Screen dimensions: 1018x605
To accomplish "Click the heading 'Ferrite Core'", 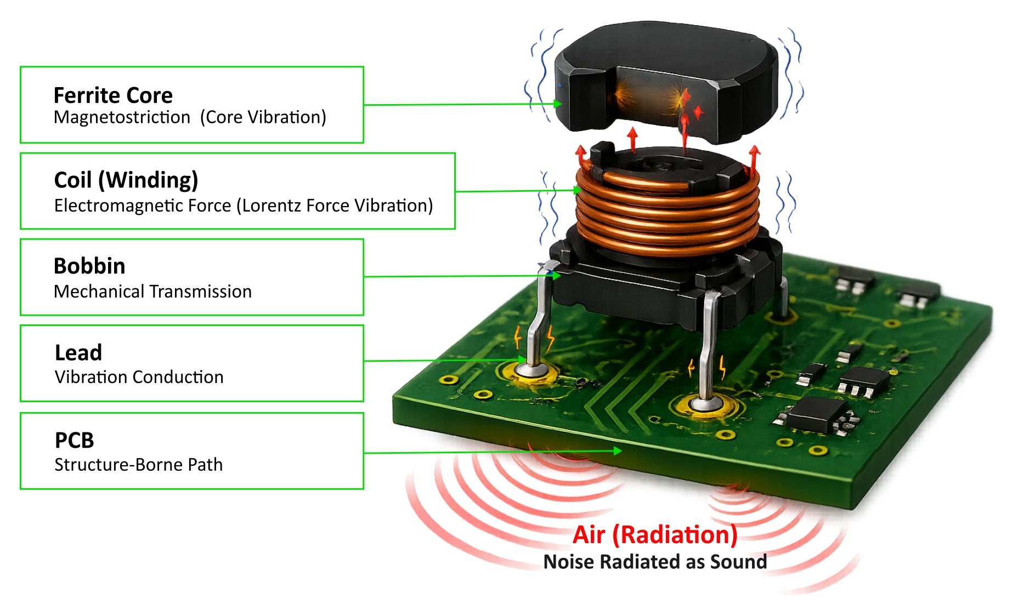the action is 113,96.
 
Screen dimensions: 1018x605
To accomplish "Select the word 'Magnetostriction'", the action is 122,117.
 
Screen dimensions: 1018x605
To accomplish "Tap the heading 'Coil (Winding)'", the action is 126,180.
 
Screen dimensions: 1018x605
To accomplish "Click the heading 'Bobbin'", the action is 89,266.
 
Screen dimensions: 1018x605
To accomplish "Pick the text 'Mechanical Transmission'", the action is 152,292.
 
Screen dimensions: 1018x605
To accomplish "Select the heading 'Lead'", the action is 78,353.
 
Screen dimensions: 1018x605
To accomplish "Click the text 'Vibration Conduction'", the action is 139,377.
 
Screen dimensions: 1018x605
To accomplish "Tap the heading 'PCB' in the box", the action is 75,441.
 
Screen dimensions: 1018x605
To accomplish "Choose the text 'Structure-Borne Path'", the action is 138,465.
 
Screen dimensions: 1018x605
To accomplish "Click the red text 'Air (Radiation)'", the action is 655,535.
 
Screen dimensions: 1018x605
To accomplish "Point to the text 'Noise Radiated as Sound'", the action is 655,562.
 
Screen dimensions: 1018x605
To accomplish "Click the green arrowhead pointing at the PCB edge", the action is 618,451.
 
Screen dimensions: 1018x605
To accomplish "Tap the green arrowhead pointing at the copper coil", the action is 577,190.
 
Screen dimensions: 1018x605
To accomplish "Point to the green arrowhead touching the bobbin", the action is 556,276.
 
